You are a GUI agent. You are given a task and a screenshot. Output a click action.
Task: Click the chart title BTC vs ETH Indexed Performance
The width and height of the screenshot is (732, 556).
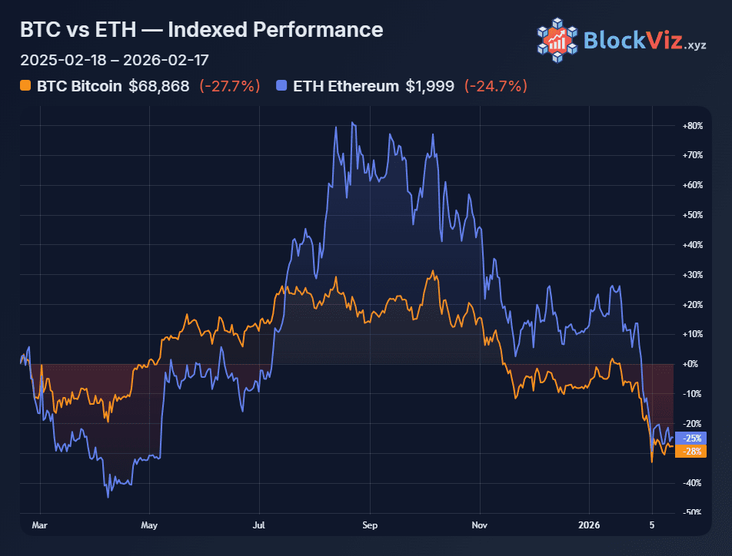[201, 30]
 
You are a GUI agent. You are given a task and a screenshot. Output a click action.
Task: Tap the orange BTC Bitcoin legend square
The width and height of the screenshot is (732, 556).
[25, 86]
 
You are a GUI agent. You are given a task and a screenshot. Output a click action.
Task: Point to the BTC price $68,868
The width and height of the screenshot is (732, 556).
[158, 86]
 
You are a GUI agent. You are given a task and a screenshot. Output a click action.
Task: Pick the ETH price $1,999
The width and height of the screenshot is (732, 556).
[431, 86]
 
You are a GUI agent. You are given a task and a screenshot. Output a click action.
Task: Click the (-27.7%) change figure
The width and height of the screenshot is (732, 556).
[229, 86]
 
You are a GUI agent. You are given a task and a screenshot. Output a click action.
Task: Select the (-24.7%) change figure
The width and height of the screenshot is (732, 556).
[496, 86]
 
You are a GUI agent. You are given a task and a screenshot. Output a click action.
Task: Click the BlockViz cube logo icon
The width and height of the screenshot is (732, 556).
[557, 39]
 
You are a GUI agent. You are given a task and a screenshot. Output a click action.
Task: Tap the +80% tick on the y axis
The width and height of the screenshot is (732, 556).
[692, 125]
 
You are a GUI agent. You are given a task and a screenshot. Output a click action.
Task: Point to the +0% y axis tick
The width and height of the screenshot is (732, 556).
[694, 364]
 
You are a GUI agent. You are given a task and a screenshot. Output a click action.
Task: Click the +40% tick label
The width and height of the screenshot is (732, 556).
[692, 245]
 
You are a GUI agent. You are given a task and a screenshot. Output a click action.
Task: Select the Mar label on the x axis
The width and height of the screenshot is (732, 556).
[40, 526]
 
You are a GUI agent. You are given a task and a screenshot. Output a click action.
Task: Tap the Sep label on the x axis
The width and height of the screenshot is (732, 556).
[370, 526]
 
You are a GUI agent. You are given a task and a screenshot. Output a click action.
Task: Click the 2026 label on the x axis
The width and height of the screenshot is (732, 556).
[591, 526]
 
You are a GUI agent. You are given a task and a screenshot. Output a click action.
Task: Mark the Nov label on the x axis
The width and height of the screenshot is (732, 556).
[480, 526]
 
